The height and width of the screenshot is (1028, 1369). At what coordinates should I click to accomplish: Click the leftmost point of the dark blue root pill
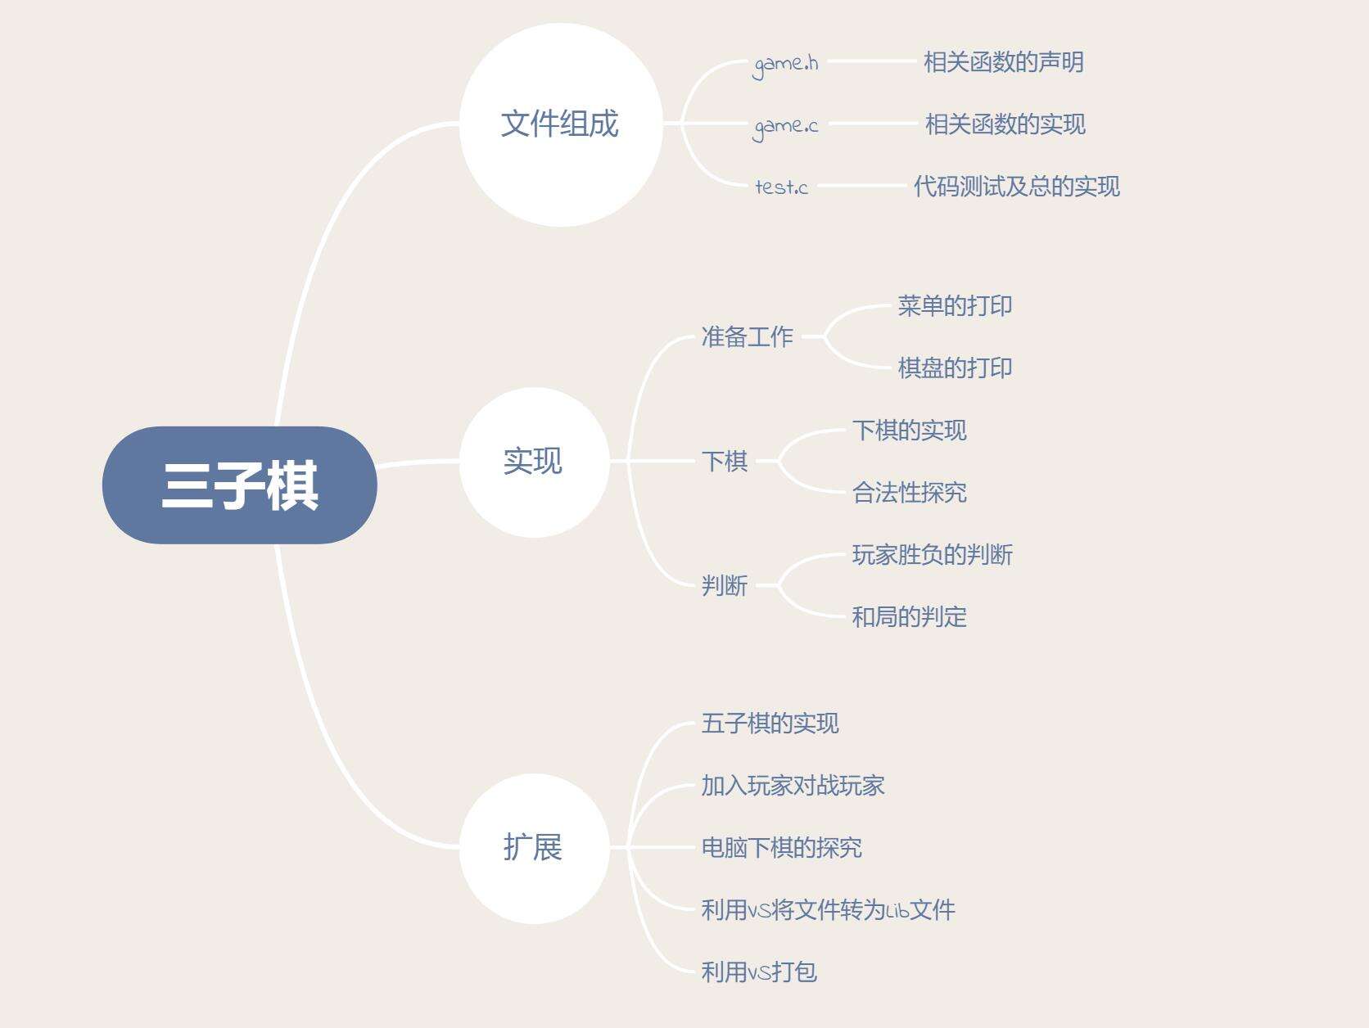102,485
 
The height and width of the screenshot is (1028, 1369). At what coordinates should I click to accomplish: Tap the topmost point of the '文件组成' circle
561,23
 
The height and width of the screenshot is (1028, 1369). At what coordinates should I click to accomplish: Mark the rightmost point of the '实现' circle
610,462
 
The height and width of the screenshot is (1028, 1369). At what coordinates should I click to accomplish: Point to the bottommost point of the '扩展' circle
535,924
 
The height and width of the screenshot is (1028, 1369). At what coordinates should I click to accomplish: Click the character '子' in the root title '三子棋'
240,485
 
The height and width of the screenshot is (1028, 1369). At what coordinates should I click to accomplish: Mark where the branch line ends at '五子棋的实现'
694,724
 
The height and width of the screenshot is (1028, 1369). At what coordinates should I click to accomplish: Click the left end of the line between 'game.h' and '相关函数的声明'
829,61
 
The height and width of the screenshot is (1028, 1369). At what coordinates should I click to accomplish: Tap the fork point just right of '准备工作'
823,336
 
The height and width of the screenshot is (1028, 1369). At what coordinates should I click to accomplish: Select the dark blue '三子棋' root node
240,485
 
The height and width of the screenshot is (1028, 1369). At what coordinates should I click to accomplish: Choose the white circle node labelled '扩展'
535,849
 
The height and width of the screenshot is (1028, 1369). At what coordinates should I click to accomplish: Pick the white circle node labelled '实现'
535,462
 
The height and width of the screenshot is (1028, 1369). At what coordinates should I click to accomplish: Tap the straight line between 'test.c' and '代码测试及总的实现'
861,186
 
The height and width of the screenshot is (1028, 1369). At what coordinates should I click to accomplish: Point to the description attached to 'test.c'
1017,187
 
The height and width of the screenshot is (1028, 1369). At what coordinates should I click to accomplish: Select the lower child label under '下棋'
910,493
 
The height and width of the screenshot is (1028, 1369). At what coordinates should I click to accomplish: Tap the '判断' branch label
724,586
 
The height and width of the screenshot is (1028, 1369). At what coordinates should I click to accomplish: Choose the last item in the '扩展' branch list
759,972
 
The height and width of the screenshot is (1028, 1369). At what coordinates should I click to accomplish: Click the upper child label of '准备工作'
955,306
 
